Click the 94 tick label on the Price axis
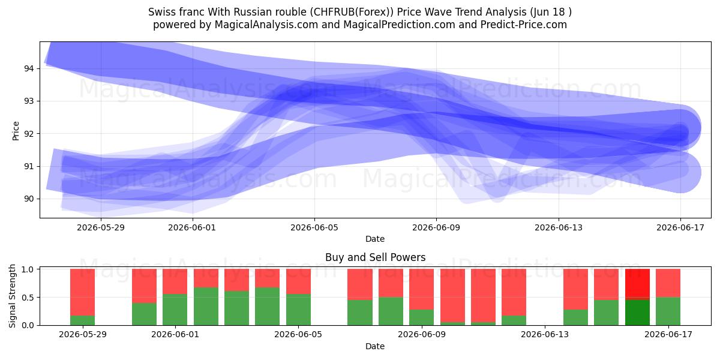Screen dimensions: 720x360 (x=29, y=68)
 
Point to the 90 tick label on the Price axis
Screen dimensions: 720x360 (x=29, y=199)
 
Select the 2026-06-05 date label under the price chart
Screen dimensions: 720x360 (x=314, y=227)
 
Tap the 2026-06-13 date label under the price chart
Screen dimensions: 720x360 (x=559, y=227)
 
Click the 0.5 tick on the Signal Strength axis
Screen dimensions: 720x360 (x=28, y=298)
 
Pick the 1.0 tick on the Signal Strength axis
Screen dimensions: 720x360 (x=28, y=269)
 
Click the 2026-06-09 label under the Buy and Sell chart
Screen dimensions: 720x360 (x=422, y=335)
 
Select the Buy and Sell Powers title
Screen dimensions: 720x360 (x=375, y=257)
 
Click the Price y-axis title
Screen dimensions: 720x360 (x=16, y=131)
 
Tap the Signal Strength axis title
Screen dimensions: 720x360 (x=12, y=296)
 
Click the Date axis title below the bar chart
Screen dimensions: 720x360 (x=375, y=346)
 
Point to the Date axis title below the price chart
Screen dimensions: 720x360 (x=375, y=239)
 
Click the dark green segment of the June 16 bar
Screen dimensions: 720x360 (x=637, y=313)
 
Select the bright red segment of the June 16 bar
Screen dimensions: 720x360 (x=637, y=284)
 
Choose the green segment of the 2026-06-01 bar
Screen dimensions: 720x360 (x=175, y=310)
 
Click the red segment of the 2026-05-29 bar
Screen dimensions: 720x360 (x=83, y=292)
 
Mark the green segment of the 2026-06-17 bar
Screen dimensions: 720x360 (x=668, y=311)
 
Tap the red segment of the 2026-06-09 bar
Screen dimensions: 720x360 (x=421, y=289)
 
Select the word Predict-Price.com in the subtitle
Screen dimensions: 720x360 (x=524, y=25)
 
